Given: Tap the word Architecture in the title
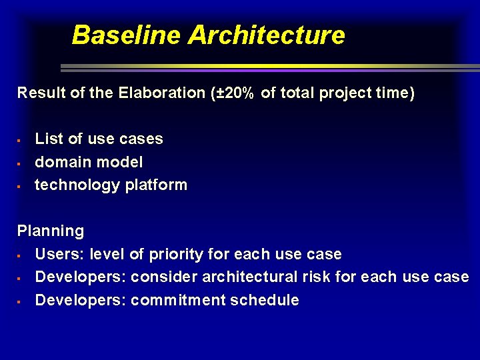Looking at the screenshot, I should coord(266,35).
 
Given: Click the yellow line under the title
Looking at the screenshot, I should coord(267,66).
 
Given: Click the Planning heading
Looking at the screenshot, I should coord(51,231).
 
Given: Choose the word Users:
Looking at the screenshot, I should coord(60,254).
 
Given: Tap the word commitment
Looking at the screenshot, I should coord(178,300).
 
